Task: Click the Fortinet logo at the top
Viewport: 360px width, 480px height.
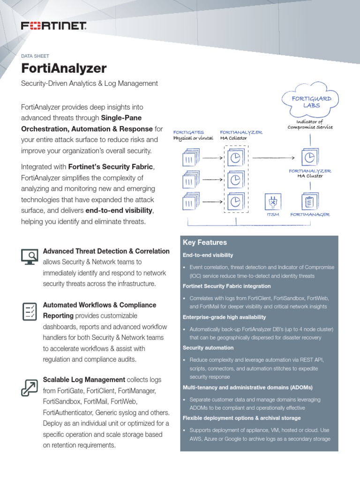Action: point(53,26)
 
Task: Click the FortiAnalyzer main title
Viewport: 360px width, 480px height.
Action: point(64,68)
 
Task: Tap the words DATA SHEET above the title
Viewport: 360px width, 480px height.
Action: point(35,56)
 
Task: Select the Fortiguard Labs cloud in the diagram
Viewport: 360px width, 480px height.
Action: point(312,101)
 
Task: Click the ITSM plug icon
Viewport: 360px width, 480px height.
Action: point(272,202)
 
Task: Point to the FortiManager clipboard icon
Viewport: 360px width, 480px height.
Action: point(309,202)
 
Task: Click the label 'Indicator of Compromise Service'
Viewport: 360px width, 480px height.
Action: point(310,124)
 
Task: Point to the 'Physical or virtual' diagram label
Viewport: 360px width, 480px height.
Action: point(193,138)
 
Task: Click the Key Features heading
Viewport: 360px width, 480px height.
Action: point(205,242)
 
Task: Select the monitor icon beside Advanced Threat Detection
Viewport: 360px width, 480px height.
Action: point(30,256)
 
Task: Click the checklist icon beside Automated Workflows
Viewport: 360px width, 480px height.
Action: point(30,311)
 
